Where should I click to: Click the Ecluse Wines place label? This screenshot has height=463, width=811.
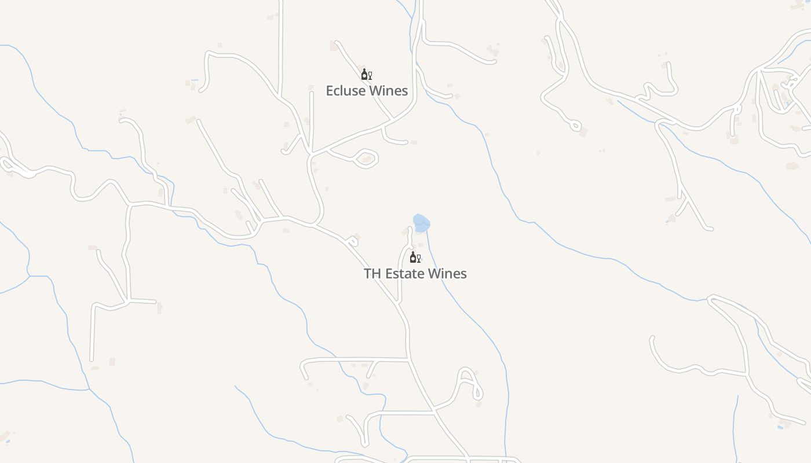click(367, 91)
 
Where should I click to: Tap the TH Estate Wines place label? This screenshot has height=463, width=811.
click(415, 274)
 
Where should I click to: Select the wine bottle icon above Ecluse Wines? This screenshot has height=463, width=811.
click(364, 74)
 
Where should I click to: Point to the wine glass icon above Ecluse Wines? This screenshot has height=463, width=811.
click(370, 75)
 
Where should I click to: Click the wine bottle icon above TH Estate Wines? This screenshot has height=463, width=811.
click(413, 257)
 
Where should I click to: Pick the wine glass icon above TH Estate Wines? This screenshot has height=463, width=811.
click(419, 258)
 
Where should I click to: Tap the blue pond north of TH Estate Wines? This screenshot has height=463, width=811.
click(421, 223)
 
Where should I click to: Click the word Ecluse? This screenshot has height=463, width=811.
click(345, 91)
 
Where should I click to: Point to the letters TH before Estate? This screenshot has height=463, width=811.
click(372, 274)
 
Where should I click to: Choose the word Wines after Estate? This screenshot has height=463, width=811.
click(447, 274)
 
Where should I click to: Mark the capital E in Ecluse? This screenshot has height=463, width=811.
click(330, 91)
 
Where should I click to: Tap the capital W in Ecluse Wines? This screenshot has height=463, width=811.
click(375, 91)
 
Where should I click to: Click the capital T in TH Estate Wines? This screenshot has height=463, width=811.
click(368, 274)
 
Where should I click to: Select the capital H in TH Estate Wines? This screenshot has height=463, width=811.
click(377, 274)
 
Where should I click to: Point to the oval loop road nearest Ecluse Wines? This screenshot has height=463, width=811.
click(366, 158)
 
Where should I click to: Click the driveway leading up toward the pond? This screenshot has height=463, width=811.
click(401, 272)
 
